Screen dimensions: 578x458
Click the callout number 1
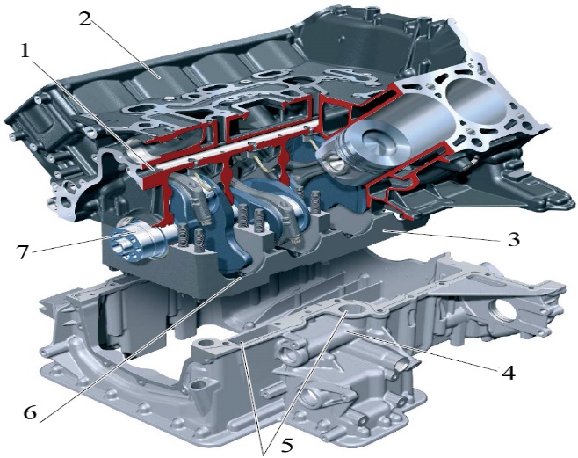(x=25, y=51)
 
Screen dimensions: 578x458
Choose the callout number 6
(x=30, y=412)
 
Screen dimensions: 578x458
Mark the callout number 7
(x=23, y=252)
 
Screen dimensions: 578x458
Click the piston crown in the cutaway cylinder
(x=377, y=142)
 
